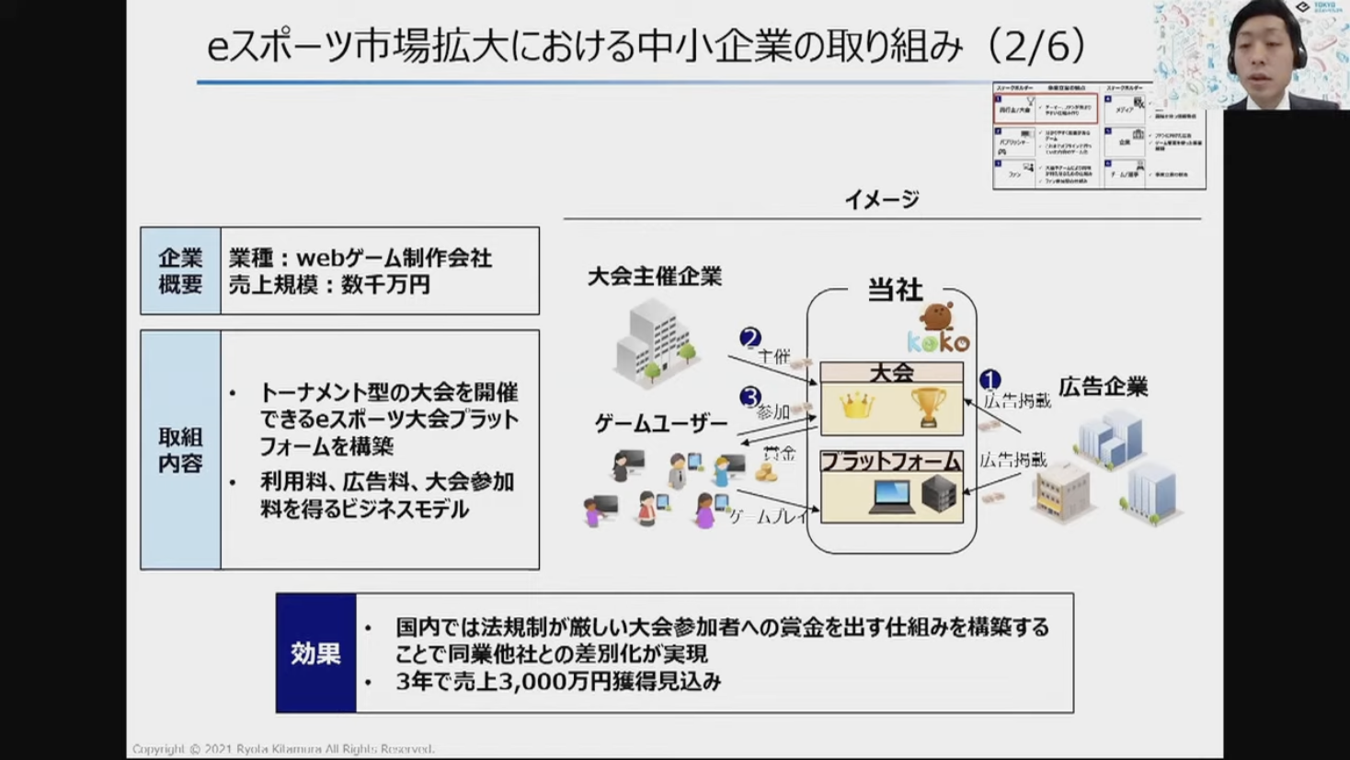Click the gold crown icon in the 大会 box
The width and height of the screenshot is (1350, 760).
coord(856,406)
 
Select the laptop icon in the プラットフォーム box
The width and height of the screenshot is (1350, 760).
coord(891,497)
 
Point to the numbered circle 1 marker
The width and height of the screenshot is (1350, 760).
coord(990,380)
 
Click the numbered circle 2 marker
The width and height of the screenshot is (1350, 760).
coord(750,339)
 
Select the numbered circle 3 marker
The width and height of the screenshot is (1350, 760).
coord(750,397)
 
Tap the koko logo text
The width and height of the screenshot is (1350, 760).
coord(938,342)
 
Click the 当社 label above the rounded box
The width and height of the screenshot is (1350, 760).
coord(895,291)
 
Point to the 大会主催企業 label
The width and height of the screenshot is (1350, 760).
coord(655,277)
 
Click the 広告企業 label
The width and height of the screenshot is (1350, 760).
coord(1104,387)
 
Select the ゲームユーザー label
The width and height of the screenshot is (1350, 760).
coord(661,424)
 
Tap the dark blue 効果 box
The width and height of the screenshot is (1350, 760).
coord(315,653)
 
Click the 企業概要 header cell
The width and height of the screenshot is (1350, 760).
coord(180,271)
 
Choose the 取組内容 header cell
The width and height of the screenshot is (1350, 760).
coord(180,450)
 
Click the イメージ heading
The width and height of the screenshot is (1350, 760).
coord(882,200)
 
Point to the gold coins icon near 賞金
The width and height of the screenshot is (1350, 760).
coord(766,473)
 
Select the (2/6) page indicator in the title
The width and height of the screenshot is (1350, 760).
coord(1038,46)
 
